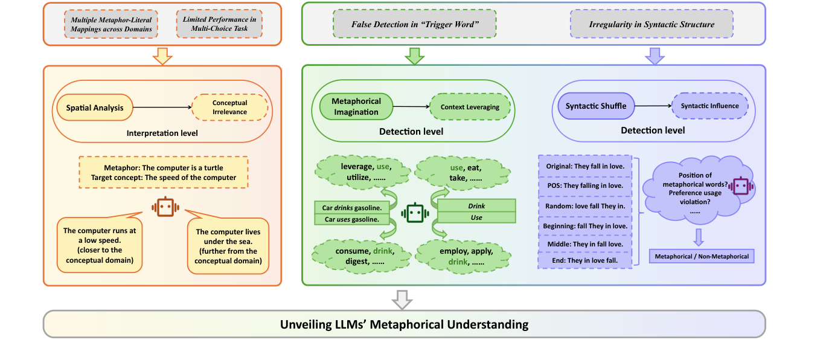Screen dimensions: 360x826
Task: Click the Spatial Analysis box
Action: click(94, 108)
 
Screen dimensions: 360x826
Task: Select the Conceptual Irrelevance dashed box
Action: click(229, 108)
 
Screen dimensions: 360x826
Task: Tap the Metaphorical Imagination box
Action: click(356, 106)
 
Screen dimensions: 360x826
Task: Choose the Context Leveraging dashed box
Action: click(470, 107)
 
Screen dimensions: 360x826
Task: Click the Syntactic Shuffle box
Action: click(596, 106)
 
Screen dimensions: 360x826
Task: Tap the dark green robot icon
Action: click(414, 213)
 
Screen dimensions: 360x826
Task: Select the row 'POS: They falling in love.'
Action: click(584, 185)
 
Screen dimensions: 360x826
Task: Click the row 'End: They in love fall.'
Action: click(584, 260)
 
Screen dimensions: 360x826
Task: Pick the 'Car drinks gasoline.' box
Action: click(351, 208)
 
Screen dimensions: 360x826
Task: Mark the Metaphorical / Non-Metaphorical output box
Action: click(702, 256)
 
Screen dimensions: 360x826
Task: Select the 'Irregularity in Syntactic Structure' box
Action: click(652, 25)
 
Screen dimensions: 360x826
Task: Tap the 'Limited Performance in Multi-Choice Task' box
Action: click(219, 24)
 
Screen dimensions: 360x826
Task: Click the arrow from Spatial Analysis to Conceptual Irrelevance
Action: click(161, 108)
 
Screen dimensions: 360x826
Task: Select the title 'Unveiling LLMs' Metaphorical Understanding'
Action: click(404, 324)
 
